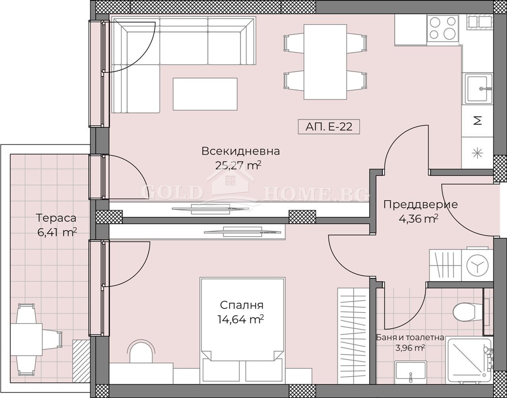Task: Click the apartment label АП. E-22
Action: tap(329, 127)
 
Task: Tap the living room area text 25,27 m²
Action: tap(238, 166)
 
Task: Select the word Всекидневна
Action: tap(241, 151)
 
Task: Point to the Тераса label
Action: tap(56, 218)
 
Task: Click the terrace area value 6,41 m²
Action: tap(57, 232)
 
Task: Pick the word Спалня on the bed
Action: tap(242, 305)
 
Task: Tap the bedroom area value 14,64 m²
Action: tap(241, 319)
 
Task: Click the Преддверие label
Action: tap(420, 205)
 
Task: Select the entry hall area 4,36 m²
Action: tap(419, 219)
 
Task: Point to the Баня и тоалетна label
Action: tap(410, 338)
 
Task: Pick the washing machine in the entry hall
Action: tap(477, 265)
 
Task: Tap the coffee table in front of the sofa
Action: tap(205, 94)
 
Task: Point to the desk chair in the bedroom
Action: tap(141, 351)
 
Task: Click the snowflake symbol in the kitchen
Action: tap(477, 153)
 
